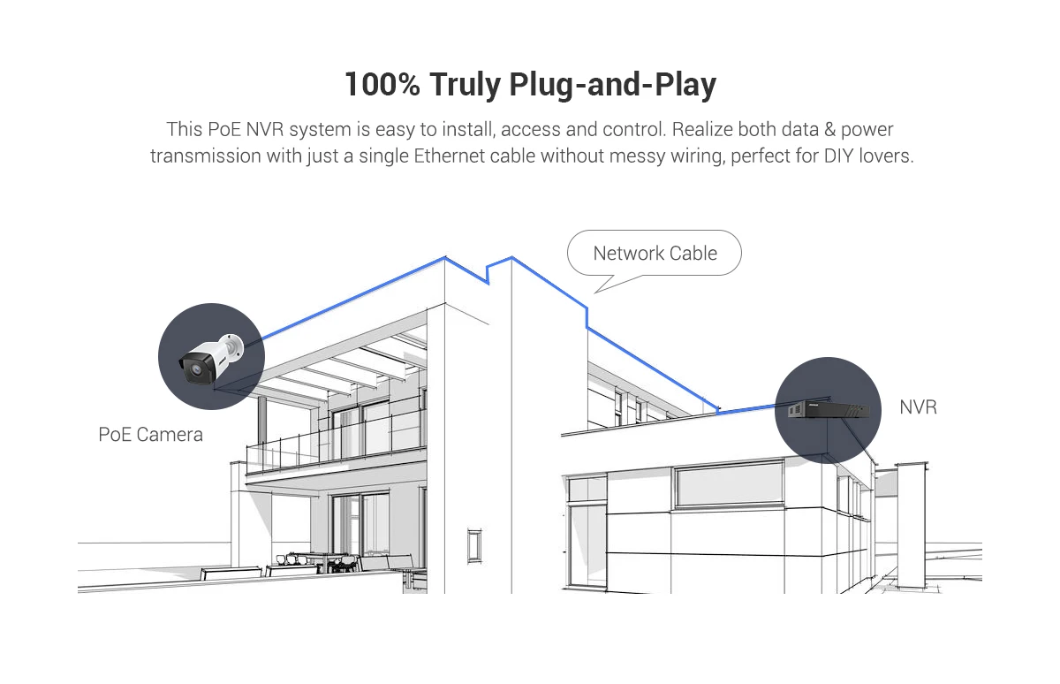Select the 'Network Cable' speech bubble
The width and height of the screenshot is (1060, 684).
[655, 254]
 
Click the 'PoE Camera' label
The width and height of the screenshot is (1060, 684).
[150, 435]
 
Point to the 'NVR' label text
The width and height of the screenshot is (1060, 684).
[918, 407]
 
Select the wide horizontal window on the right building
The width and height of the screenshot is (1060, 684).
[728, 483]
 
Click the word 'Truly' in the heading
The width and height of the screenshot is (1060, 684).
[465, 85]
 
